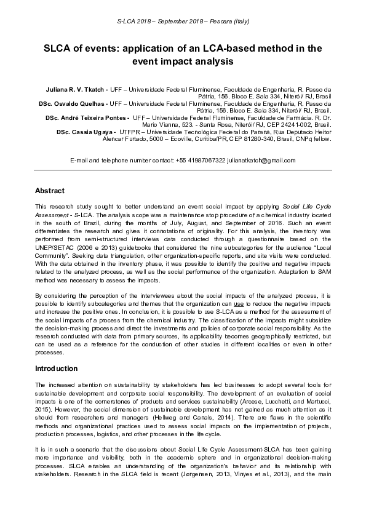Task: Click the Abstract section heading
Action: (50, 191)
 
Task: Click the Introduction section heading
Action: (56, 369)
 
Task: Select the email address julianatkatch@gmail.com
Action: (261, 160)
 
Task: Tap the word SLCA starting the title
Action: (57, 48)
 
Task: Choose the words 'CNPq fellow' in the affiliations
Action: (315, 139)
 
